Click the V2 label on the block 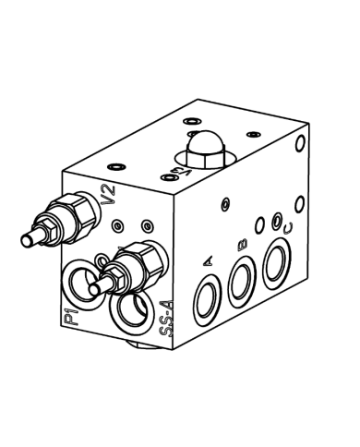pos(108,196)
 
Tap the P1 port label pos(70,319)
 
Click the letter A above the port pos(209,265)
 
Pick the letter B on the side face pos(243,244)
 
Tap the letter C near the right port pos(289,226)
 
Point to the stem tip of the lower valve pos(96,290)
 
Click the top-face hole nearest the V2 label pos(115,166)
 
